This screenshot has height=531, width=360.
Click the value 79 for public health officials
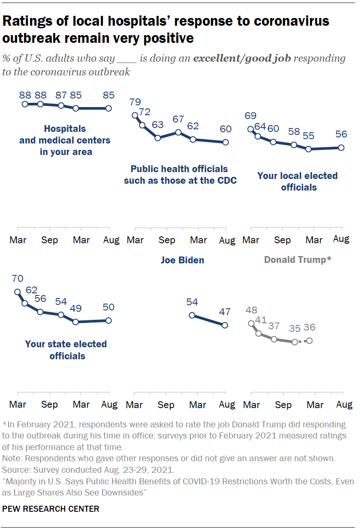pyautogui.click(x=136, y=102)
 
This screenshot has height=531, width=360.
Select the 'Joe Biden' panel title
pyautogui.click(x=182, y=260)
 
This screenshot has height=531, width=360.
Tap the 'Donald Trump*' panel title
pyautogui.click(x=297, y=260)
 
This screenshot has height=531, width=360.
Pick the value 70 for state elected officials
pyautogui.click(x=18, y=278)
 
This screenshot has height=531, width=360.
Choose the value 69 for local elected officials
pyautogui.click(x=251, y=116)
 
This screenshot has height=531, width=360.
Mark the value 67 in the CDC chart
pyautogui.click(x=178, y=119)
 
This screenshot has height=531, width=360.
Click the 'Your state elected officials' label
pyautogui.click(x=66, y=350)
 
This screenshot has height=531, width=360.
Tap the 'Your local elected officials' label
pyautogui.click(x=297, y=181)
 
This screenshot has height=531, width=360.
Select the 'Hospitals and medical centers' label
pyautogui.click(x=65, y=140)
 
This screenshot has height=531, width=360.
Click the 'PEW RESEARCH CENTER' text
pyautogui.click(x=51, y=509)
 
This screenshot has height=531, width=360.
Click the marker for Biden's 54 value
pyautogui.click(x=192, y=315)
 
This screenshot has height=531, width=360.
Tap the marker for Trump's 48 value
pyautogui.click(x=251, y=323)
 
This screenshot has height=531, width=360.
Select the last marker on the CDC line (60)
pyautogui.click(x=225, y=143)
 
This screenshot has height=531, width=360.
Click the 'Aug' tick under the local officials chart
pyautogui.click(x=341, y=239)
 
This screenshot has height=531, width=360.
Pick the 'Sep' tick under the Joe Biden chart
pyautogui.click(x=166, y=405)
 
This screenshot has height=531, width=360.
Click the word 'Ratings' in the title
pyautogui.click(x=27, y=21)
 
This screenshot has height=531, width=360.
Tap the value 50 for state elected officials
pyautogui.click(x=108, y=307)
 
